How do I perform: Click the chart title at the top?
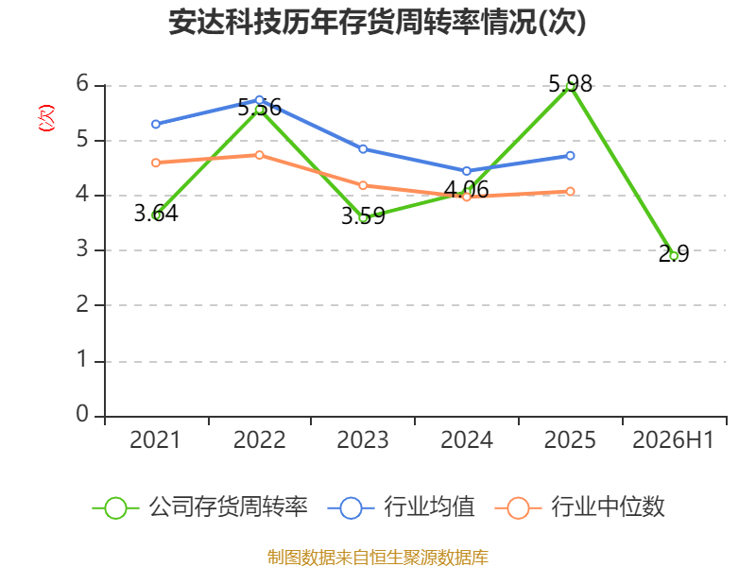377,22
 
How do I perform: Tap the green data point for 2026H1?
674,256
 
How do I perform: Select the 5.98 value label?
571,84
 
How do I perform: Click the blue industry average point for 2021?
156,124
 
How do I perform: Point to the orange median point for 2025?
570,192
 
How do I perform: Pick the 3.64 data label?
156,214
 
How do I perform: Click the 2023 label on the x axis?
363,439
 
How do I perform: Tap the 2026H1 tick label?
673,439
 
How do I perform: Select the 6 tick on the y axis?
82,83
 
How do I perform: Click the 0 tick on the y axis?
82,414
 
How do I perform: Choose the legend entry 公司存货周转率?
200,507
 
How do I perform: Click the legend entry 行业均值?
401,507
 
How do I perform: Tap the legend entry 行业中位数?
580,507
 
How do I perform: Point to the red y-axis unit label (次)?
46,117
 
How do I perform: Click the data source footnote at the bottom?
377,558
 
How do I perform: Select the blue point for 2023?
363,149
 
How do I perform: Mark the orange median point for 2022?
259,155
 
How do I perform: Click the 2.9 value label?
674,253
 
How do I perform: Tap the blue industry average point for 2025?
570,156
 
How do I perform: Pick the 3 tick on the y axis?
82,249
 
